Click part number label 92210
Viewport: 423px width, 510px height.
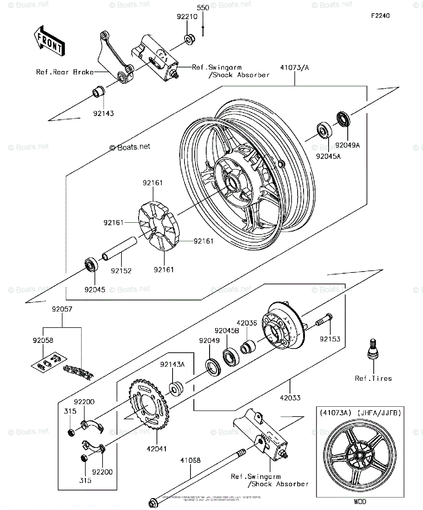[x=186, y=17]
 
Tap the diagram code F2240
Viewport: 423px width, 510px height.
[x=380, y=16]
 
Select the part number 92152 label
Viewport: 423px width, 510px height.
[x=121, y=270]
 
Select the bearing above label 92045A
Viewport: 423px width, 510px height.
[x=325, y=130]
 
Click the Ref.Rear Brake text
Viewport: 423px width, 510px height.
[x=71, y=72]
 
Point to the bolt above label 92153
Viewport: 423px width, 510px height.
[x=323, y=322]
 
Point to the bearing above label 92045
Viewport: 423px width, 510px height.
[x=91, y=264]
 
